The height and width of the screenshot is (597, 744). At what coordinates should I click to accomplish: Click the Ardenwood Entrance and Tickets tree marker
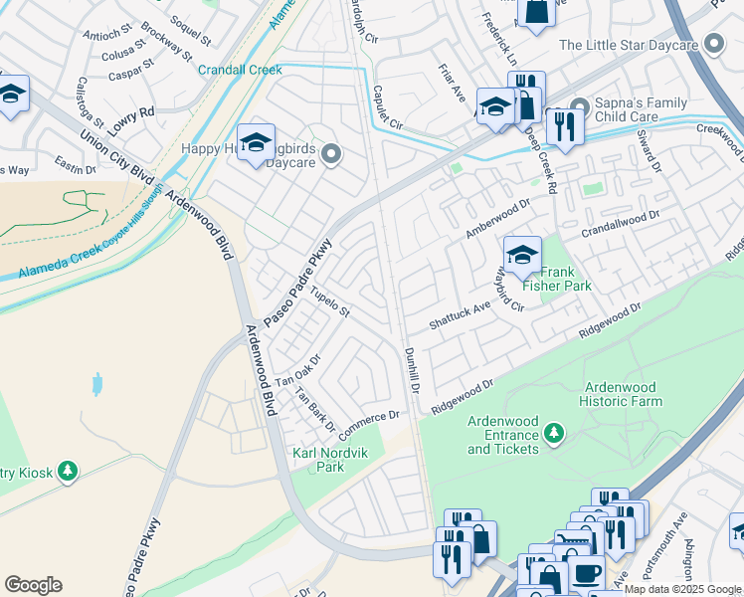pyautogui.click(x=554, y=433)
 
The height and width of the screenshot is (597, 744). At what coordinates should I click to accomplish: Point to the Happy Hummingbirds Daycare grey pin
pyautogui.click(x=332, y=153)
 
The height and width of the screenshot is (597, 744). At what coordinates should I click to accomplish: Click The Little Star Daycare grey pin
pyautogui.click(x=713, y=44)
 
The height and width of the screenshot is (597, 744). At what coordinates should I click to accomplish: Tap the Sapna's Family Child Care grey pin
pyautogui.click(x=582, y=103)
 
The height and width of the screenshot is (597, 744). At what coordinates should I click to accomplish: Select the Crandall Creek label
pyautogui.click(x=240, y=70)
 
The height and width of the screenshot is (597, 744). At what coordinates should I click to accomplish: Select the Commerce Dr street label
pyautogui.click(x=368, y=427)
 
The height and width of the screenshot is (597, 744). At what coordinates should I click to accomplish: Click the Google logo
pyautogui.click(x=33, y=585)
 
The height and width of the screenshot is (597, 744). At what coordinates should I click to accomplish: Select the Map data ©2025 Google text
pyautogui.click(x=682, y=589)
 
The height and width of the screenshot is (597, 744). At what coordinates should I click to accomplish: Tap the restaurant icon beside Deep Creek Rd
pyautogui.click(x=563, y=128)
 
